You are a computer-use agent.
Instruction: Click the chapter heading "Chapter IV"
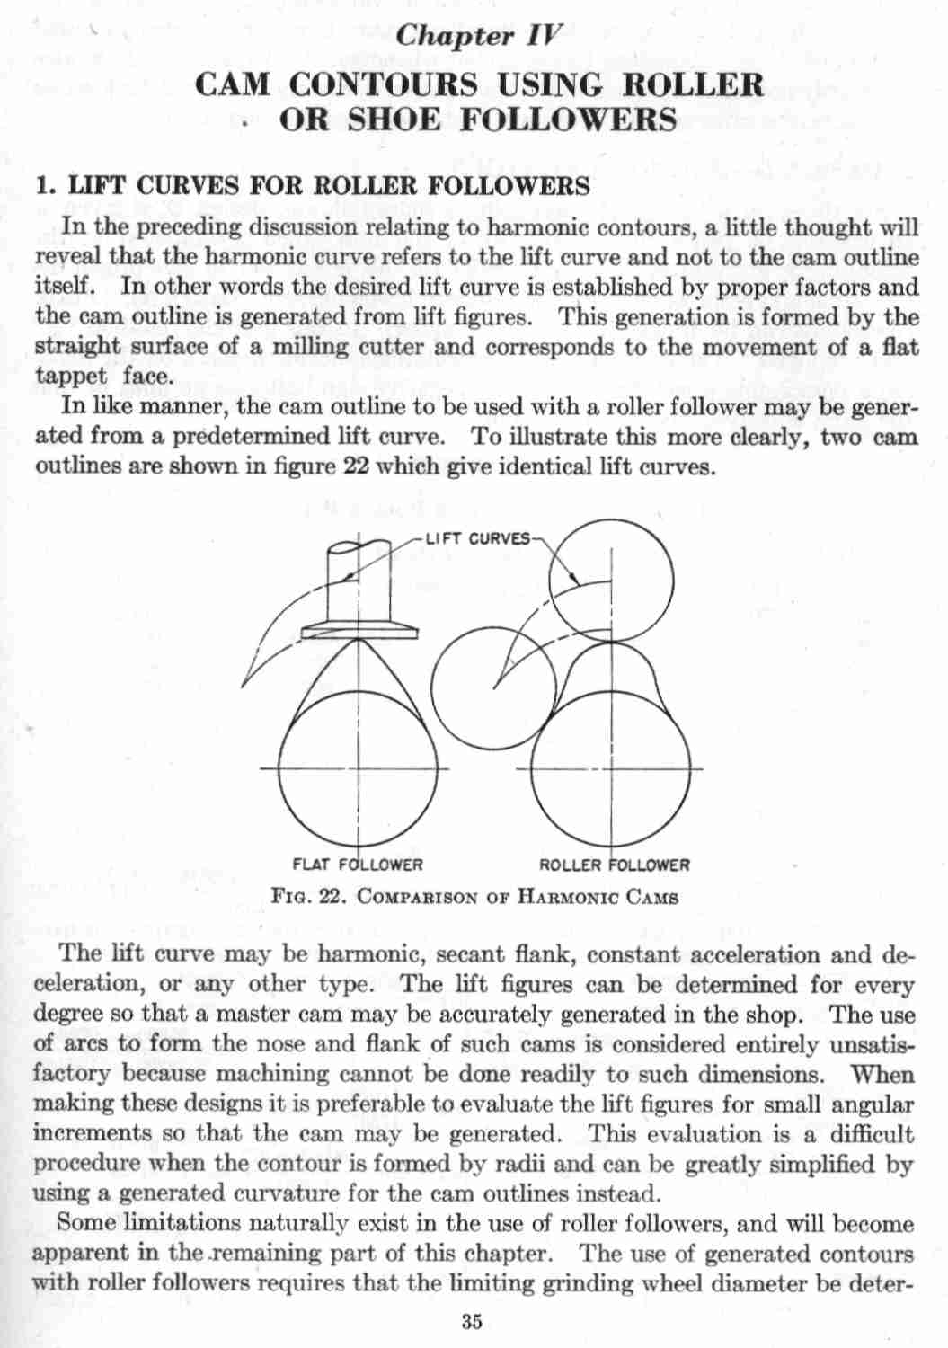[x=479, y=36]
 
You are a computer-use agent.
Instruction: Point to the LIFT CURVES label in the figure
[x=477, y=538]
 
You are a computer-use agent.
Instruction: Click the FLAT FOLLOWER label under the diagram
[x=358, y=865]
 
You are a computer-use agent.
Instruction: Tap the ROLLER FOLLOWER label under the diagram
[x=614, y=865]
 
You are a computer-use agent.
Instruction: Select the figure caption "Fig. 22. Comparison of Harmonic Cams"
[x=474, y=897]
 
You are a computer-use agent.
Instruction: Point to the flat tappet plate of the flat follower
[x=359, y=631]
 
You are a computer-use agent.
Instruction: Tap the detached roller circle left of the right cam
[x=492, y=688]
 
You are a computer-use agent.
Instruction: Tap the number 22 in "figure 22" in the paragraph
[x=352, y=467]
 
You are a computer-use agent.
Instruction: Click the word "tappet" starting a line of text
[x=70, y=377]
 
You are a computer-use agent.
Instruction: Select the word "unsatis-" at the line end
[x=870, y=1045]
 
